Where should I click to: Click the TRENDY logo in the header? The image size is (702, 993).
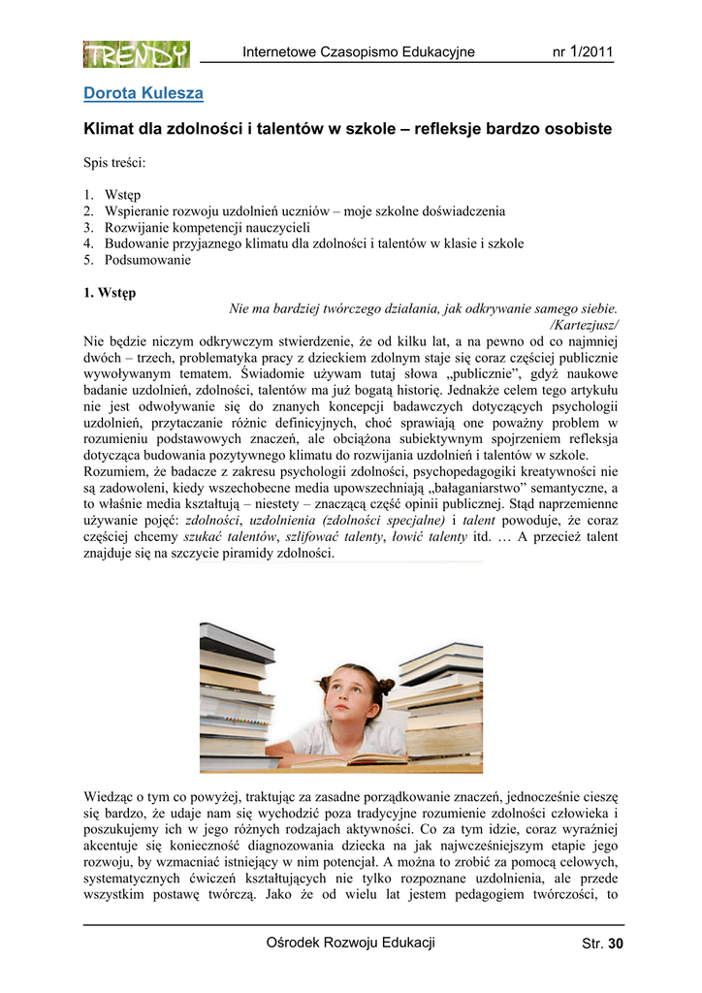tap(136, 54)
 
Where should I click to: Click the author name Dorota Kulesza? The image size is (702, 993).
tap(144, 94)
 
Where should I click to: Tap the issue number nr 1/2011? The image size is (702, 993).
tap(582, 52)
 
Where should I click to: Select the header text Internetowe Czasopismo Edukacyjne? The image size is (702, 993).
tap(359, 52)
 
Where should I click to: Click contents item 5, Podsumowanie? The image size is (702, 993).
tap(147, 260)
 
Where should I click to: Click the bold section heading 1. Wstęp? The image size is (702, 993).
tap(110, 292)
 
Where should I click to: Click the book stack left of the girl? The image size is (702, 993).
tap(239, 693)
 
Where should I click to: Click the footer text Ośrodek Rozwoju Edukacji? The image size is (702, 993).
tap(350, 943)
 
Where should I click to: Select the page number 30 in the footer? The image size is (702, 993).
tap(615, 944)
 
